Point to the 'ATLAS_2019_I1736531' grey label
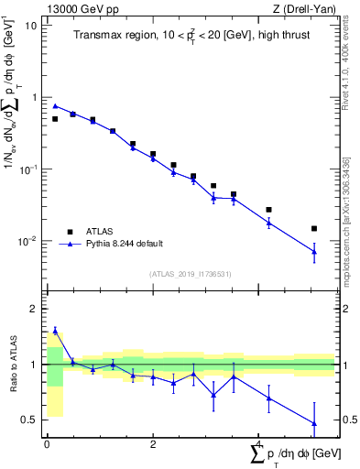[190, 274]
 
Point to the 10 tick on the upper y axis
[33, 25]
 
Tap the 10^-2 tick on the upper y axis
[30, 242]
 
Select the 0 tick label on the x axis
[47, 446]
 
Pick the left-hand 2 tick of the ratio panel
[35, 309]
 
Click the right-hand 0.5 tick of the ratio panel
[351, 420]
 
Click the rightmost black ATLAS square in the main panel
[314, 229]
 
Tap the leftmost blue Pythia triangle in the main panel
[55, 106]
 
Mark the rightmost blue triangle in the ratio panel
[314, 424]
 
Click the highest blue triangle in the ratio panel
[55, 331]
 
